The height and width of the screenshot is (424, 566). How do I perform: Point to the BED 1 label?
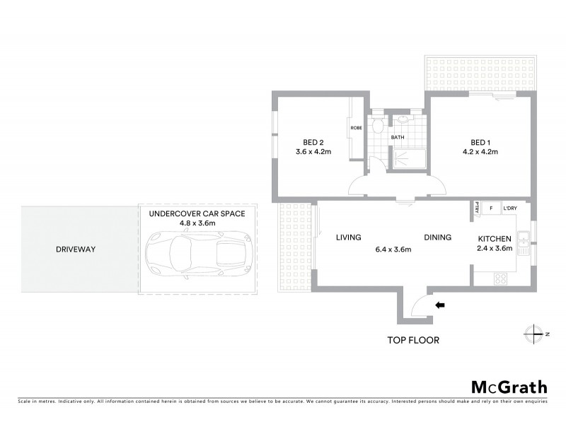click(x=480, y=141)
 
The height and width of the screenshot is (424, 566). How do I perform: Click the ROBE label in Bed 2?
click(x=355, y=128)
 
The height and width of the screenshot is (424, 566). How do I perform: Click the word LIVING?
click(x=349, y=237)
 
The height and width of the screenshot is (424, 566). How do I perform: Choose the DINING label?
click(x=437, y=237)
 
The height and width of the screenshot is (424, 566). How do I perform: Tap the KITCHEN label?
click(x=495, y=239)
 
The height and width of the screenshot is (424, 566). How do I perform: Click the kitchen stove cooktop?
click(x=499, y=278)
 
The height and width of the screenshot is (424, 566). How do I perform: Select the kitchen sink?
click(x=524, y=245)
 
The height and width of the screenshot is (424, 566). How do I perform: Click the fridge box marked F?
click(x=491, y=208)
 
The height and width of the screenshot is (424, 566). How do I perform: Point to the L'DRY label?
click(x=510, y=208)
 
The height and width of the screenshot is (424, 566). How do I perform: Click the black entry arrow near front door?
click(x=440, y=305)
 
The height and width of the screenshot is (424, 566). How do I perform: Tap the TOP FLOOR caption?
click(x=413, y=340)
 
